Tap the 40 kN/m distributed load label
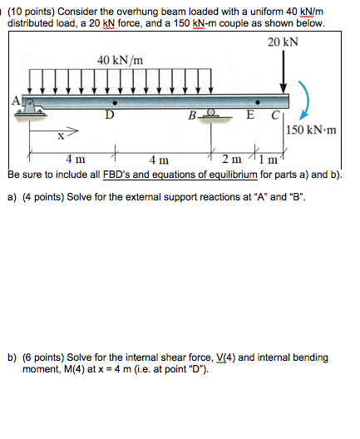point(120,60)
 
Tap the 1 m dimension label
point(272,158)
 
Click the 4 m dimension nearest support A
point(75,159)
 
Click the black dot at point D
point(114,103)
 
